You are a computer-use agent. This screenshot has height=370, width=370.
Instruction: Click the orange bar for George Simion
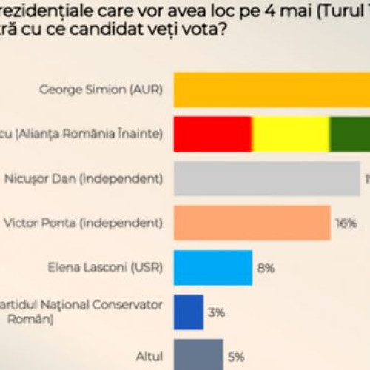[272, 90]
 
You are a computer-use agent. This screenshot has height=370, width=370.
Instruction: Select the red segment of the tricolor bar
[213, 134]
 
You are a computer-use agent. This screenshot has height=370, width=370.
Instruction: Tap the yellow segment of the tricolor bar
[291, 134]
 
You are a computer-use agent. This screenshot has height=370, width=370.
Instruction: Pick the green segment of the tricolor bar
[349, 134]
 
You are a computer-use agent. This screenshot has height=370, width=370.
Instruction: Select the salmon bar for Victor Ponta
[252, 223]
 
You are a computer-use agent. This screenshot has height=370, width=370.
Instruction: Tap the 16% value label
[345, 223]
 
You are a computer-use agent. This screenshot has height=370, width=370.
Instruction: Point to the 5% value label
[237, 357]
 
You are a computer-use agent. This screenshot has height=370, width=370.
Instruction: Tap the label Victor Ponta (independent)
[107, 223]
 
